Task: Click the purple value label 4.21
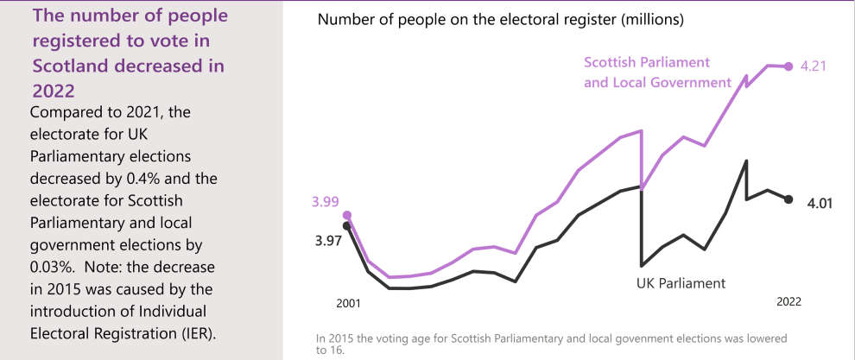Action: (x=814, y=66)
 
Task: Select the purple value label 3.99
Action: (x=326, y=202)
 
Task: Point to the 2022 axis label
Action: (x=788, y=301)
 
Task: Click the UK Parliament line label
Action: (x=681, y=282)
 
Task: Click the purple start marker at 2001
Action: (x=347, y=215)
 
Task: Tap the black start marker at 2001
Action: (x=347, y=225)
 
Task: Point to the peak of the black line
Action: (x=746, y=161)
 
